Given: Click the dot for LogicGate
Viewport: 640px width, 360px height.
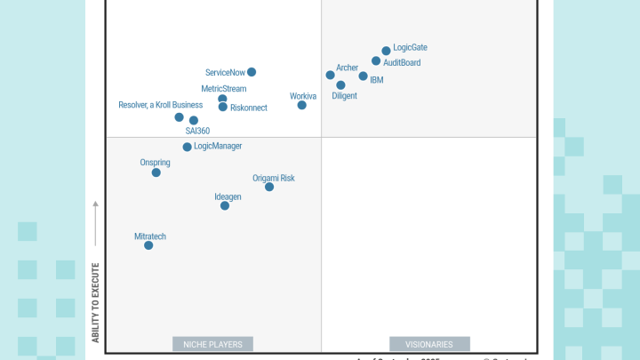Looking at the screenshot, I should click(386, 51).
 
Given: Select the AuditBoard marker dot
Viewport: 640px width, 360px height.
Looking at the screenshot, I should click(376, 61).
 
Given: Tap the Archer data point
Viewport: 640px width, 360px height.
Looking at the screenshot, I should click(330, 75).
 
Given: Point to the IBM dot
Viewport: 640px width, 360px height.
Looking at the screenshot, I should click(363, 76).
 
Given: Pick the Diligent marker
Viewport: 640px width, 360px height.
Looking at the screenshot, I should click(340, 85).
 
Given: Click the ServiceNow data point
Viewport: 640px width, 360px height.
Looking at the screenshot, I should click(252, 72).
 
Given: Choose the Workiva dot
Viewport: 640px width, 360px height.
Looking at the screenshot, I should click(301, 105).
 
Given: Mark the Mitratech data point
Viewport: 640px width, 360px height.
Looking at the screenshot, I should click(148, 245).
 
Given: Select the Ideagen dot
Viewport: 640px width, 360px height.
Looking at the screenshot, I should click(225, 205).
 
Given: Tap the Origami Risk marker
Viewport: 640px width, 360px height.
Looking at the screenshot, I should click(269, 187).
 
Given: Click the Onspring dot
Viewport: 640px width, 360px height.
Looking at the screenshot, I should click(156, 172).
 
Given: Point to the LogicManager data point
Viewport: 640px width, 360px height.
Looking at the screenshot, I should click(187, 147).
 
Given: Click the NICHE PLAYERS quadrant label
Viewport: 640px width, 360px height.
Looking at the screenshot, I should click(212, 344).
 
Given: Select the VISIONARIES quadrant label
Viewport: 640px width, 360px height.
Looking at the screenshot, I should click(429, 344).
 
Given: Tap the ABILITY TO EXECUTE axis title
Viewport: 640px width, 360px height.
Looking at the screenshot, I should click(95, 302).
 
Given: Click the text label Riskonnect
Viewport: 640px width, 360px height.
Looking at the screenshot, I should click(249, 108).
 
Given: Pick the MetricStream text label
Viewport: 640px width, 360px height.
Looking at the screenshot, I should click(224, 89).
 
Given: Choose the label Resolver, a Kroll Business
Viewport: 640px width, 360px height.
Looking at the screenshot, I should click(160, 105).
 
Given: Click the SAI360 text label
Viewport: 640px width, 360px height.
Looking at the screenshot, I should click(197, 131).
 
